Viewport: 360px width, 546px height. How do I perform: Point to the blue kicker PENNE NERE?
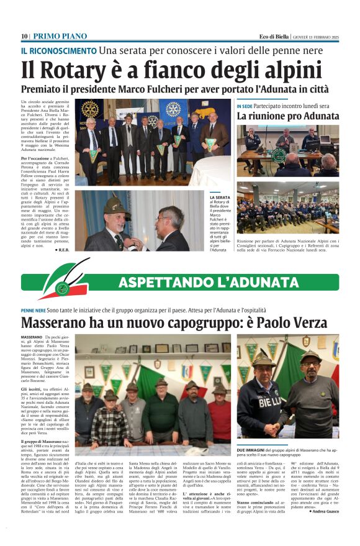(33, 310)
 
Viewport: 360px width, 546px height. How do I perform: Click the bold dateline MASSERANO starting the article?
(32, 336)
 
